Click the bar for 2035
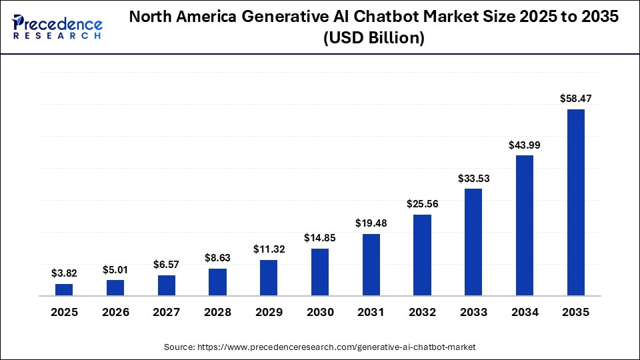[575, 202]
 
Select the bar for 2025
[64, 289]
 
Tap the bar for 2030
[320, 272]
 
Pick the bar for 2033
[473, 242]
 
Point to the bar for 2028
[217, 282]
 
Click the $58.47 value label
[575, 98]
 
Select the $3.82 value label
[64, 273]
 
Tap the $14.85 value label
[320, 237]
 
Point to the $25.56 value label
[422, 203]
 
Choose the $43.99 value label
[525, 144]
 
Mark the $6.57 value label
[167, 264]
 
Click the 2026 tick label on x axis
[115, 312]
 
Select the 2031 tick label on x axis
[371, 312]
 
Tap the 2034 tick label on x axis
[525, 312]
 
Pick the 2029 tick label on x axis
[269, 312]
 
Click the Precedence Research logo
[57, 27]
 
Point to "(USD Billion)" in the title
[373, 39]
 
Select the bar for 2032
[422, 255]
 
